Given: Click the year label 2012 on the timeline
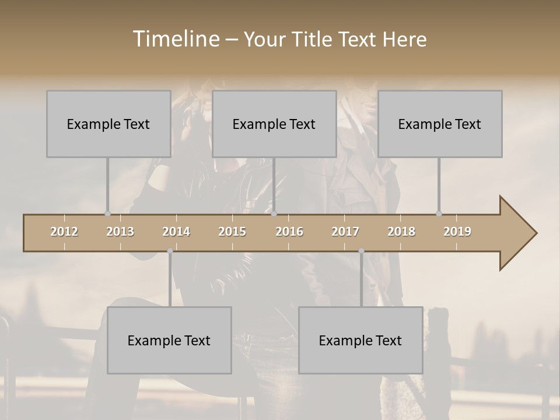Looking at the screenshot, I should (64, 232).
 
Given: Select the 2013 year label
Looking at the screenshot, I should (120, 232).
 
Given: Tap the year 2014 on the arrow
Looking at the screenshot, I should (176, 232).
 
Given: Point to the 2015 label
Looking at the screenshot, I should (232, 232).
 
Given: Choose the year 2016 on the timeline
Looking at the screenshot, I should (289, 232).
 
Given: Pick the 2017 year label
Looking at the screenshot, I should (345, 232).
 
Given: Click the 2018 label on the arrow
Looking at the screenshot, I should (401, 232).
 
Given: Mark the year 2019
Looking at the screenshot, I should (457, 232).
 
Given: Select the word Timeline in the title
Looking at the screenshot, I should (175, 39).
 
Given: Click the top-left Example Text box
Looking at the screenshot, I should (108, 124).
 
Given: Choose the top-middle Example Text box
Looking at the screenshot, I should (274, 124).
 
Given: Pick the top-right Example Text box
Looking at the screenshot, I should (440, 124).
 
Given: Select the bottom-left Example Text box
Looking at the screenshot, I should (169, 340).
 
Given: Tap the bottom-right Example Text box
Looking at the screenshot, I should (360, 340).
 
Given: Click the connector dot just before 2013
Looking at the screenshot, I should (107, 213).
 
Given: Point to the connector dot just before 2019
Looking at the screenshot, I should (439, 213).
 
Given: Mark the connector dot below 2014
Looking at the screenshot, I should (170, 251).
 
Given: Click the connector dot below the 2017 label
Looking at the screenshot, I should (361, 251).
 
